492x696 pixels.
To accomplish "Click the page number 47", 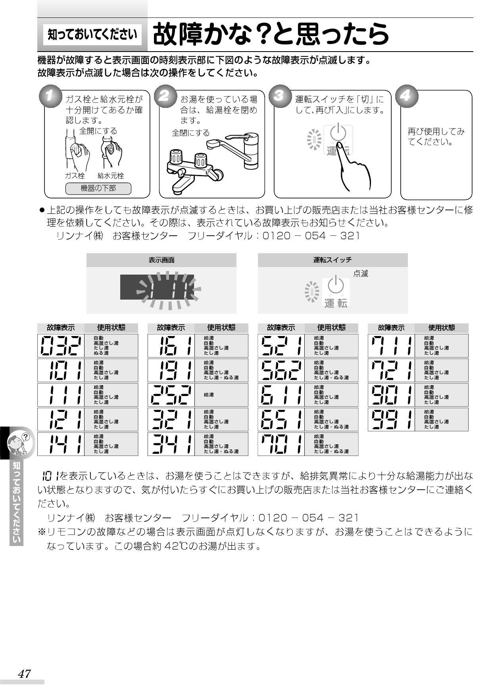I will [x=24, y=674].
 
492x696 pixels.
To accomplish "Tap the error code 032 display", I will [x=61, y=346].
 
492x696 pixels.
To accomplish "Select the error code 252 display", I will [x=171, y=395].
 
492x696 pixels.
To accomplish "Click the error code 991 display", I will [x=391, y=419].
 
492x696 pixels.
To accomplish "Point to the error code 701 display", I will [x=281, y=444].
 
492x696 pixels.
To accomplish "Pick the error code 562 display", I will [x=281, y=370].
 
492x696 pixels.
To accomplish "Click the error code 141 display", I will [x=61, y=444].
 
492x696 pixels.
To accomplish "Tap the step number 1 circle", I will [x=50, y=96].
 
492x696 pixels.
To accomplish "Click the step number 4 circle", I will [x=406, y=96].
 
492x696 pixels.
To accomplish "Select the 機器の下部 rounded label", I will [x=98, y=188].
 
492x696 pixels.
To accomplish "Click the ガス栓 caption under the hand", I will [x=75, y=176].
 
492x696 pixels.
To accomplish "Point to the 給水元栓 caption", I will [x=111, y=176].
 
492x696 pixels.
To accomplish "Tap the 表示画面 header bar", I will [x=161, y=260].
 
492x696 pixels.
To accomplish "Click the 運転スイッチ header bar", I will [x=332, y=260].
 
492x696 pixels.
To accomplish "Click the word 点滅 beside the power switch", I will [x=361, y=274].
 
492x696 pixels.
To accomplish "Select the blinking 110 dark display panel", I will [x=157, y=287].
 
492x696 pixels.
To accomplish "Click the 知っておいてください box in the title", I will [x=92, y=35].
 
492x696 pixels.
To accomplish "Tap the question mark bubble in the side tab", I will [x=26, y=437].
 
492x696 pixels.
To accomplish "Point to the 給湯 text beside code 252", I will [x=209, y=395].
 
